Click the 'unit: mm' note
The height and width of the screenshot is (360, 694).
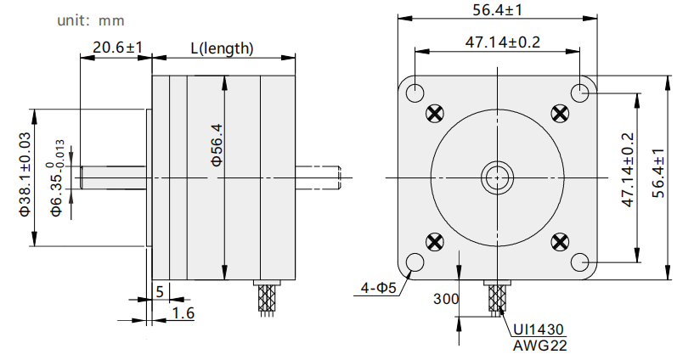(x=91, y=20)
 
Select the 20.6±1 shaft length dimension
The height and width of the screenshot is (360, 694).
(x=117, y=47)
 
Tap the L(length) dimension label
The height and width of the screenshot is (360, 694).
(x=222, y=48)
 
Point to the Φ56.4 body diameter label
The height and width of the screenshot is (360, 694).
(x=217, y=144)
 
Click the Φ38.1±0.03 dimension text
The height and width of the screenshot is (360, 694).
(x=25, y=174)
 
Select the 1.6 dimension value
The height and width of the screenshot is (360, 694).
(x=183, y=313)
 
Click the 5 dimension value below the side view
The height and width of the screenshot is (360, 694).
(x=160, y=291)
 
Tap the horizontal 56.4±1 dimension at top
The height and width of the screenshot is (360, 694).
(x=498, y=9)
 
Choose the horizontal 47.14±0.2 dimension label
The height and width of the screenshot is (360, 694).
(x=503, y=42)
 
